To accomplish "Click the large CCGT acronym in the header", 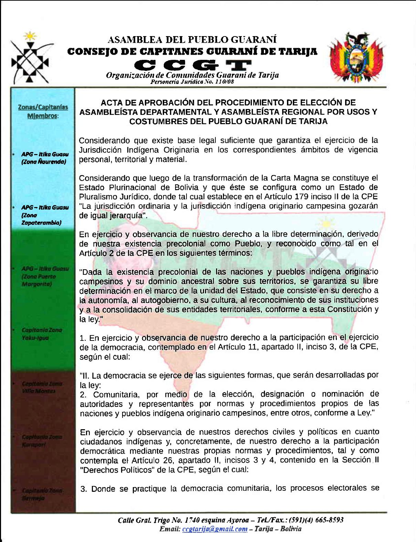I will tap(193, 64).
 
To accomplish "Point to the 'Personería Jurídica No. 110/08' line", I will tap(193, 82).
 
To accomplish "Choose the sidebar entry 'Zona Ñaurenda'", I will tap(43, 159).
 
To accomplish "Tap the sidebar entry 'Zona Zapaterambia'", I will tap(42, 215).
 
